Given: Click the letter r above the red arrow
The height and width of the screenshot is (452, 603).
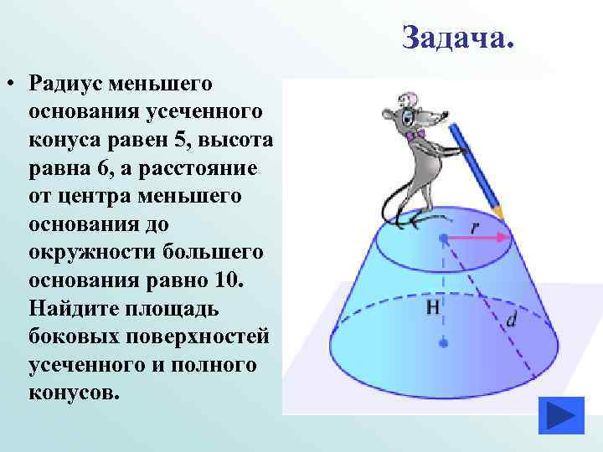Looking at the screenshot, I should (475, 226).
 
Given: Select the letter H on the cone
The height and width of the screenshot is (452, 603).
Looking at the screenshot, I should (432, 307).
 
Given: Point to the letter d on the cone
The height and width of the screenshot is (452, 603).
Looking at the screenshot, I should (512, 319).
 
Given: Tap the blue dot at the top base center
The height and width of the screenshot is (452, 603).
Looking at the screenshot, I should (443, 239).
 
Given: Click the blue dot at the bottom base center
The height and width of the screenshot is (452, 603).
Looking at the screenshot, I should (443, 343).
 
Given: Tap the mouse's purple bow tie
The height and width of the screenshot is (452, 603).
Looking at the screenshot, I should (416, 133).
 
